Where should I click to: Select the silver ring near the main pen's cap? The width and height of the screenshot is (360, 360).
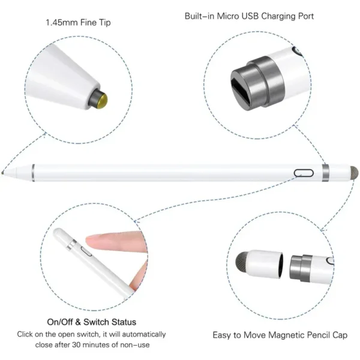click(326, 173)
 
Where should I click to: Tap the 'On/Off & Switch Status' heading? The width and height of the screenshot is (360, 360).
click(92, 322)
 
